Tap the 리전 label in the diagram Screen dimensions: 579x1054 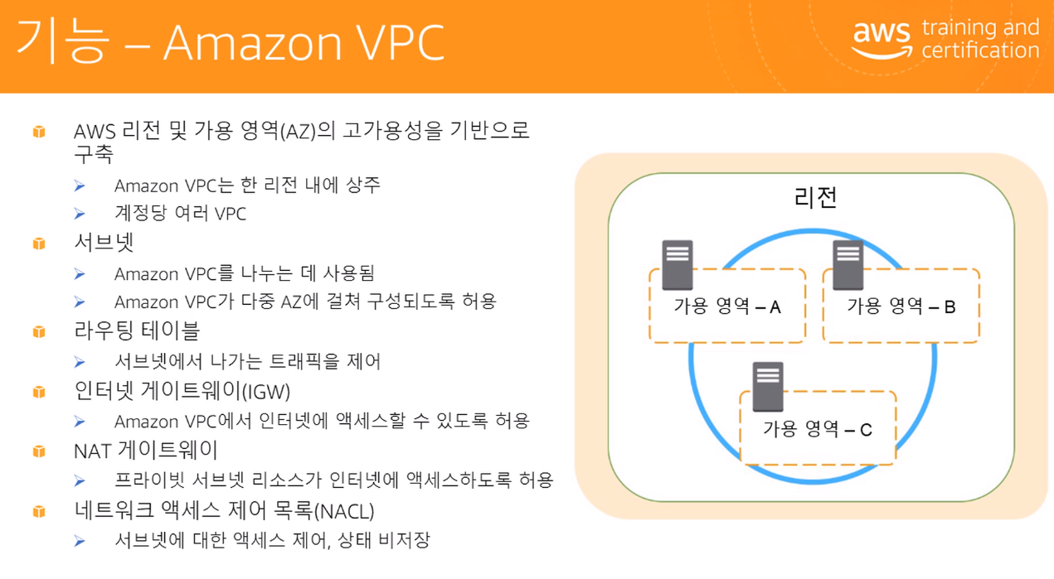[815, 198]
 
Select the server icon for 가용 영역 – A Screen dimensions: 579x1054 [678, 264]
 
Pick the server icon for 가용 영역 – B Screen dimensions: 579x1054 [848, 264]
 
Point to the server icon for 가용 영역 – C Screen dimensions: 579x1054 [768, 387]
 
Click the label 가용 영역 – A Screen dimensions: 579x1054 [727, 307]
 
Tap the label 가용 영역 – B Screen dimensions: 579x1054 [901, 307]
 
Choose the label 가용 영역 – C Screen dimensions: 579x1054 [818, 430]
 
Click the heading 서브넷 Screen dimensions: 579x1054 [104, 243]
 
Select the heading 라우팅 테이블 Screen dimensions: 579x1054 [137, 331]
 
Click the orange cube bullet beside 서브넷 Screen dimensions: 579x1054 [39, 244]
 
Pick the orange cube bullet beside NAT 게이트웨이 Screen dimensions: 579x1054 [39, 451]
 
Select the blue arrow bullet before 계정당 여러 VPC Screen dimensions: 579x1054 [80, 214]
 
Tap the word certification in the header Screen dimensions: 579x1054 [980, 51]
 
